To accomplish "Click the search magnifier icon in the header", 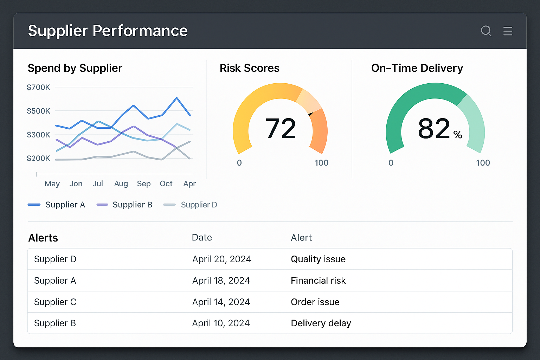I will tap(486, 31).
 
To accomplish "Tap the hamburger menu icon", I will tap(508, 31).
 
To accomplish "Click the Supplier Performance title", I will tap(108, 31).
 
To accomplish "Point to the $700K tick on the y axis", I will tap(38, 87).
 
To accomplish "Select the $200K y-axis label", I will tap(38, 158).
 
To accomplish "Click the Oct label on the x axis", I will tap(166, 184).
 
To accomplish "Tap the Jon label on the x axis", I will tap(76, 184).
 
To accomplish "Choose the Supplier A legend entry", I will tap(65, 205).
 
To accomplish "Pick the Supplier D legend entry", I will tap(199, 205).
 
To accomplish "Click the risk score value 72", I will tap(281, 129).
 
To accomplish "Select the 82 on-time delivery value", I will tap(434, 129).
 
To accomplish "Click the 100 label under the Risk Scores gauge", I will tap(321, 163).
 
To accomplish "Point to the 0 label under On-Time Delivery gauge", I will tap(391, 163).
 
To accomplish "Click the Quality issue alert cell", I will tap(318, 259).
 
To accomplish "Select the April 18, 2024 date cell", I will tap(221, 281).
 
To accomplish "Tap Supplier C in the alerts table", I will tap(55, 302).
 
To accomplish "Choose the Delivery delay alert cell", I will tap(321, 323).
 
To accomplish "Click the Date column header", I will tap(202, 238).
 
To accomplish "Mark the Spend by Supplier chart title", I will tap(75, 68).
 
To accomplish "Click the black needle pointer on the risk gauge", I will tap(311, 114).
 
